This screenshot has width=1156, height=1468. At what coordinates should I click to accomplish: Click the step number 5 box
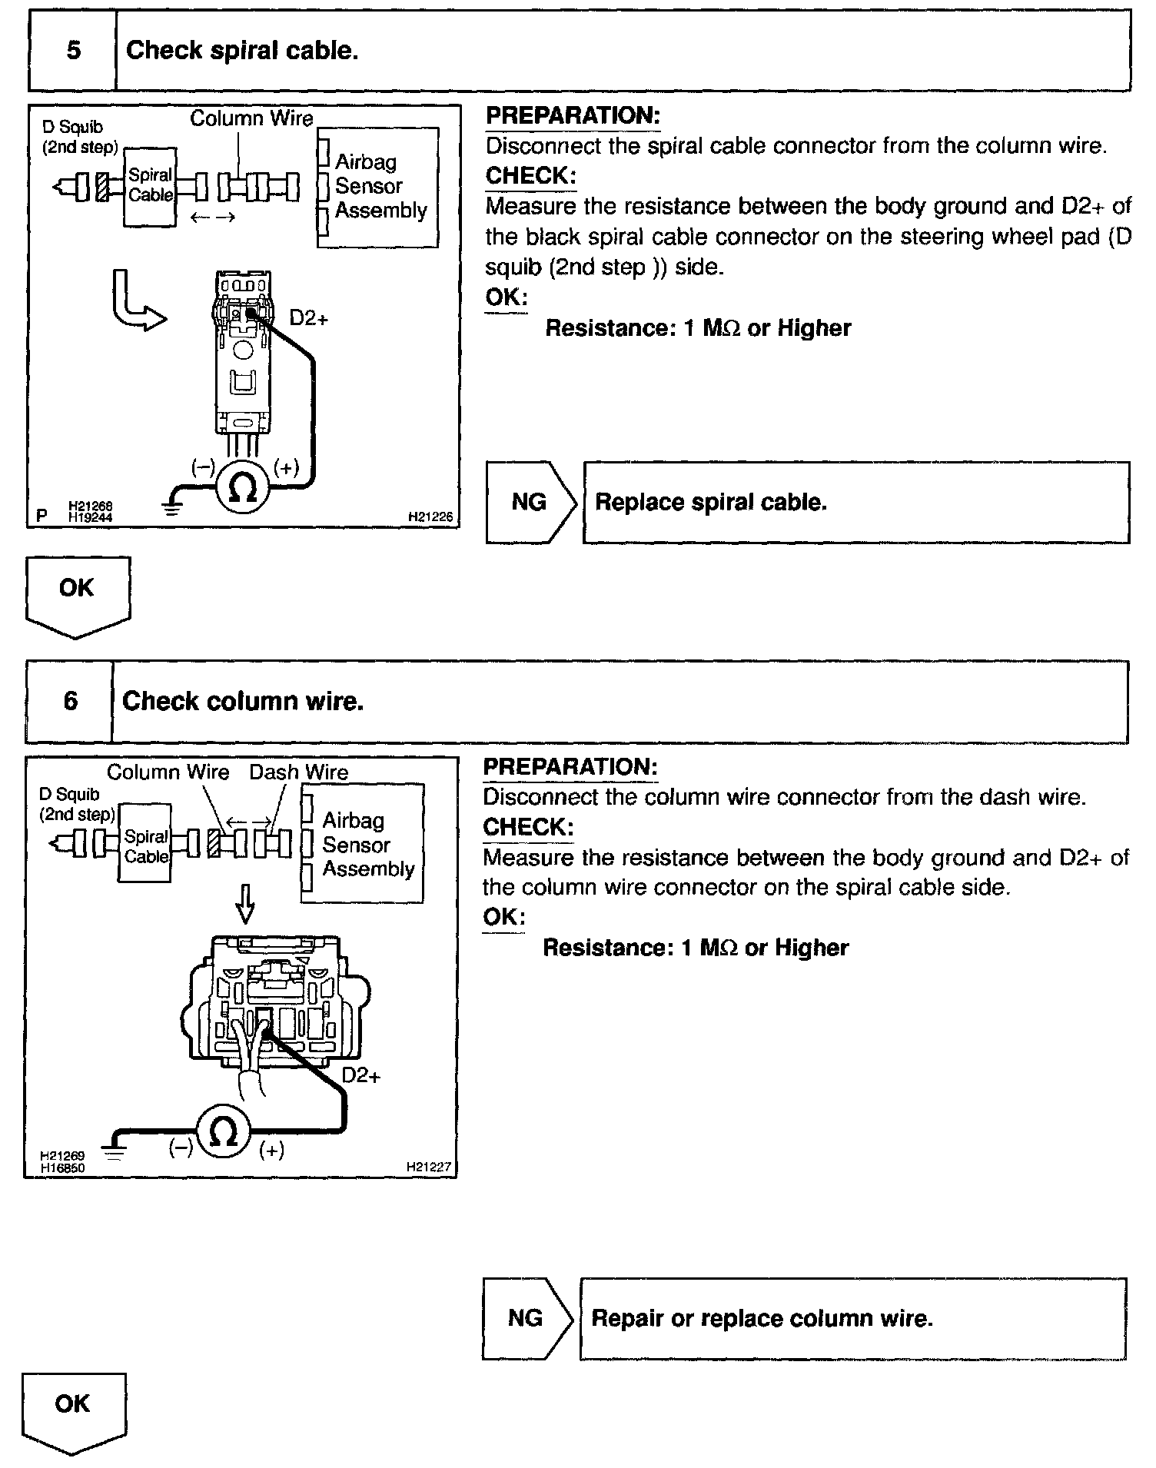(x=73, y=51)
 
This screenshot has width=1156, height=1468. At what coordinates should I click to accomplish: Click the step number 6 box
(x=70, y=701)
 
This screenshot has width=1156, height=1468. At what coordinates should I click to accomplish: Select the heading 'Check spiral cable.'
(x=242, y=51)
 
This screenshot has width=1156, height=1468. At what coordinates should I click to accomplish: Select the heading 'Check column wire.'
(x=243, y=701)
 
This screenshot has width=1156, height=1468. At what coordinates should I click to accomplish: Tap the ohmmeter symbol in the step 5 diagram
(x=244, y=487)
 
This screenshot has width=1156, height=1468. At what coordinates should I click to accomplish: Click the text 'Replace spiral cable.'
(x=711, y=503)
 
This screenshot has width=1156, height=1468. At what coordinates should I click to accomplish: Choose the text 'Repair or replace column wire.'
(x=762, y=1319)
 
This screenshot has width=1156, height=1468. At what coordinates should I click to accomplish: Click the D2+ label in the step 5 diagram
(x=309, y=317)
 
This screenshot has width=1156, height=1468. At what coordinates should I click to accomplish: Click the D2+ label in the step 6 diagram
(x=361, y=1075)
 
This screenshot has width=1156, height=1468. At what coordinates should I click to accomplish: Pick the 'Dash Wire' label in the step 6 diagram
(x=298, y=772)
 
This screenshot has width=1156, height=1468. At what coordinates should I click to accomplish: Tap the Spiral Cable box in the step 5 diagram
(x=151, y=186)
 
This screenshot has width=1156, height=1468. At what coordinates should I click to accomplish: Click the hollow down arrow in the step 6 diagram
(x=245, y=904)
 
